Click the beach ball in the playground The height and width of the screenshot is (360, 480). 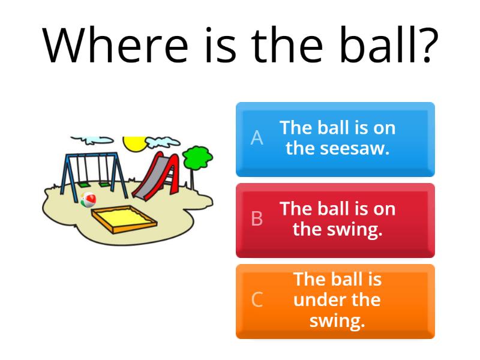(x=88, y=200)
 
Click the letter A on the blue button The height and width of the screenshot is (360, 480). (x=257, y=139)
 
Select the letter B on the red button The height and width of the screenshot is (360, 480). (x=257, y=220)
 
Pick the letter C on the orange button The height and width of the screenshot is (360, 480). (x=257, y=300)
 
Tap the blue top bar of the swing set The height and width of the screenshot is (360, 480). (x=90, y=155)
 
